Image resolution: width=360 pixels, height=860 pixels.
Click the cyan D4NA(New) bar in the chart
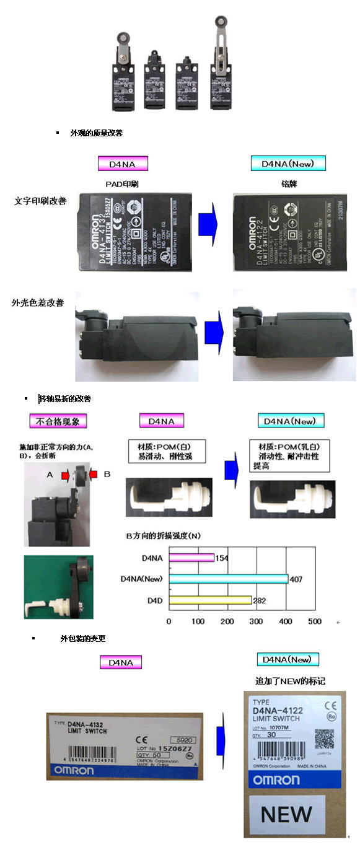tap(228, 579)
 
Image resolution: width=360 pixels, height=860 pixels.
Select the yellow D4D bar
tap(210, 600)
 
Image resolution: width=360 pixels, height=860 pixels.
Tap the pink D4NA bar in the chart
tap(191, 558)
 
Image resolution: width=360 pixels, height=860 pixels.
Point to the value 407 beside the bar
tap(296, 579)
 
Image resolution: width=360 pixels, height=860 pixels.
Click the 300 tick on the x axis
tap(256, 621)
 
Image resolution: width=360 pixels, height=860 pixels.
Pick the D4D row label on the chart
tap(154, 600)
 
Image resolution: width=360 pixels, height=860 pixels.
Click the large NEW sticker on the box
tap(286, 814)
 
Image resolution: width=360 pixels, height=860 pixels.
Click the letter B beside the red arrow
tap(107, 474)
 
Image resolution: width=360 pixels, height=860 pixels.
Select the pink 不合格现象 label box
tap(58, 421)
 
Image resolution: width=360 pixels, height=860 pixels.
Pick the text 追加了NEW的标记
tap(290, 681)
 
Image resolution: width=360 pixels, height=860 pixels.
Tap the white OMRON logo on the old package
tap(74, 770)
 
